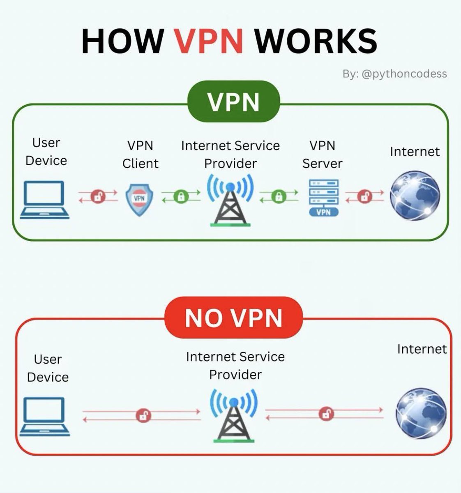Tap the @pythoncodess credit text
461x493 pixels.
[x=394, y=74]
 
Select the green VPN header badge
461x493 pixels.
[x=233, y=101]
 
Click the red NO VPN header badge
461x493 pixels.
[x=233, y=318]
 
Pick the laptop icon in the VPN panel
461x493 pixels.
[x=44, y=200]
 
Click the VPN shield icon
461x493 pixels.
[x=140, y=199]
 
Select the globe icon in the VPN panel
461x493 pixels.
[x=415, y=196]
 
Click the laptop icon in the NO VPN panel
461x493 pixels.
[x=44, y=417]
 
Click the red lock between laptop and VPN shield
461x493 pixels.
[x=98, y=196]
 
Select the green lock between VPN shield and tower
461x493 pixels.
[x=180, y=196]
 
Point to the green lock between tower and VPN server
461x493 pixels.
[x=279, y=196]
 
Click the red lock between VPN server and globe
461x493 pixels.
[x=364, y=196]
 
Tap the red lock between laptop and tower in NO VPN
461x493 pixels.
[x=143, y=415]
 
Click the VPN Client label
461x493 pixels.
[x=140, y=154]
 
